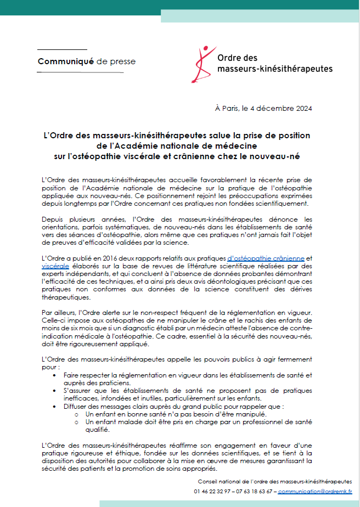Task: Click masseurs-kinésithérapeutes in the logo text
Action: click(x=274, y=69)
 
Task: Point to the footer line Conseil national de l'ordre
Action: click(x=275, y=481)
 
